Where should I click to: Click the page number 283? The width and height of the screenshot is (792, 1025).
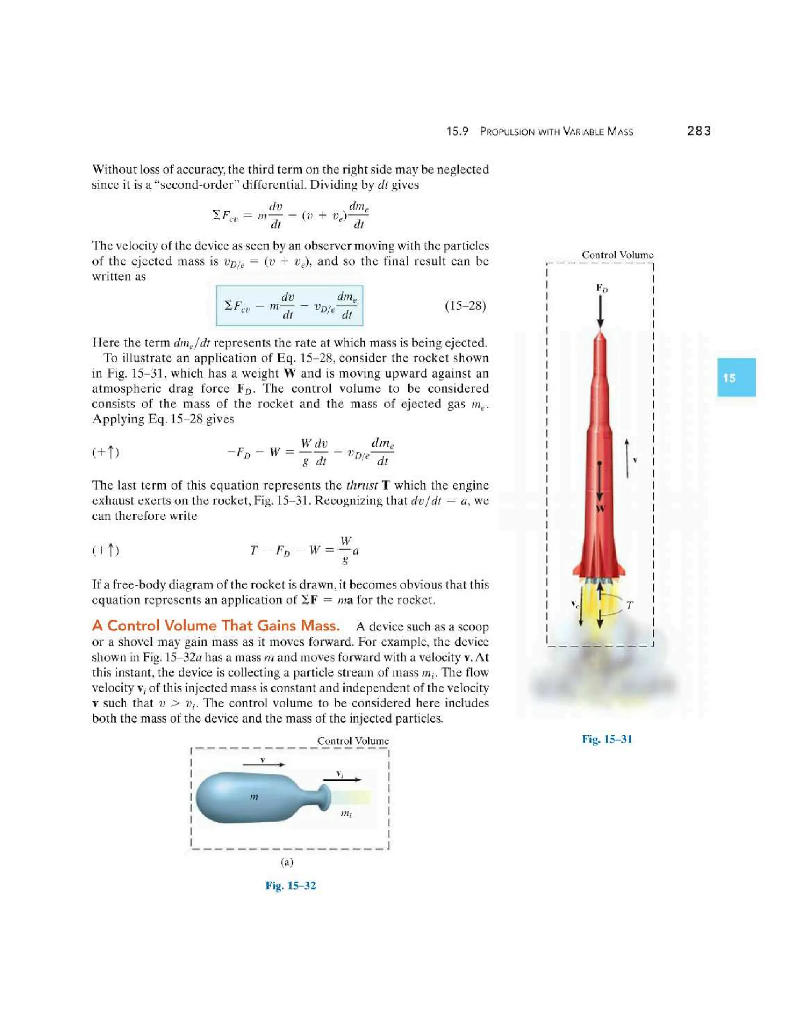click(x=699, y=131)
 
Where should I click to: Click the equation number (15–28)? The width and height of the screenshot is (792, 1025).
click(x=465, y=306)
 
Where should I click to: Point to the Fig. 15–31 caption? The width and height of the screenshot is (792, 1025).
click(x=607, y=739)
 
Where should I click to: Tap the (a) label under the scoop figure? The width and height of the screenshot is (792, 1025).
click(x=287, y=862)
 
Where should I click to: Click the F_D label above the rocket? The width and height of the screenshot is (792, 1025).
click(x=601, y=288)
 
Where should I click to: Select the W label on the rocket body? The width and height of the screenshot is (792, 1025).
click(x=600, y=509)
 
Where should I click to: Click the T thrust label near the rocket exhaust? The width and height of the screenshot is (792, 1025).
click(x=629, y=605)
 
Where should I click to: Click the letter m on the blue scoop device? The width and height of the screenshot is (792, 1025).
click(x=254, y=796)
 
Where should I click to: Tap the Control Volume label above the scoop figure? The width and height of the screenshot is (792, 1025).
click(x=353, y=741)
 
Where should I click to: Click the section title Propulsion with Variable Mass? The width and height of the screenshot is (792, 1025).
click(x=556, y=132)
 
